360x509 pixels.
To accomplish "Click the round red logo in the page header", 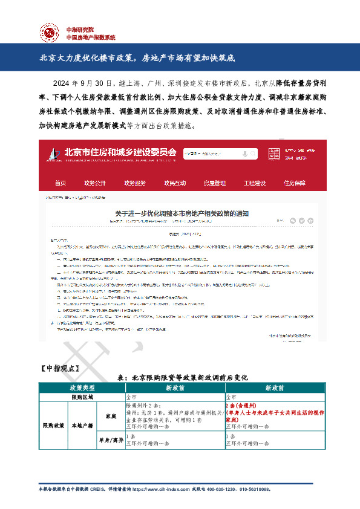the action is pos(50,32).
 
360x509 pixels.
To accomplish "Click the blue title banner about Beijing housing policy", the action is pos(180,59).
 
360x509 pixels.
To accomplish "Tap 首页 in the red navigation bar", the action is pos(60,183).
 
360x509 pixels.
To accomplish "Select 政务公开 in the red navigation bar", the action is pos(95,183).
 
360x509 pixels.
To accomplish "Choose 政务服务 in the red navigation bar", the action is pos(135,183).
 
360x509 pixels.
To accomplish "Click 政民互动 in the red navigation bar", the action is pos(175,183).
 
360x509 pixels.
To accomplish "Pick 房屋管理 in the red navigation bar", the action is pos(214,183).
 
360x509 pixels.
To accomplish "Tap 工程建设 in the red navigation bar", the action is pos(255,183).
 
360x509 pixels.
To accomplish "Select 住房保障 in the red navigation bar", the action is pos(295,183).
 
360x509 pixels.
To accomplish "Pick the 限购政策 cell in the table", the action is pos(53,426).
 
